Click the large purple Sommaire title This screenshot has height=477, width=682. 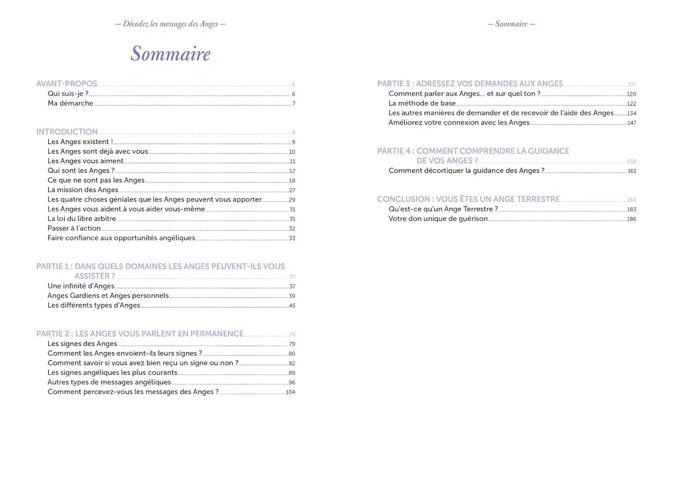click(170, 54)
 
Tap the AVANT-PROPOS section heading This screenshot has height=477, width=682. click(66, 84)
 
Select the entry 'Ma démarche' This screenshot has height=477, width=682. click(70, 103)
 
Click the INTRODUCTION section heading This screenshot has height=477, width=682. click(67, 132)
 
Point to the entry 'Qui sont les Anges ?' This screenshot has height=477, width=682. click(81, 170)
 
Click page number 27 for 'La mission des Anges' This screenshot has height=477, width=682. click(292, 190)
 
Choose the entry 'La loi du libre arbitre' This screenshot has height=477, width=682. click(82, 219)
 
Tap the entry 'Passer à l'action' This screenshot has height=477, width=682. click(74, 228)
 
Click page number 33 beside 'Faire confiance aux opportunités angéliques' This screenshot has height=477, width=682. click(292, 238)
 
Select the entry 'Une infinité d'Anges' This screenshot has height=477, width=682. click(81, 286)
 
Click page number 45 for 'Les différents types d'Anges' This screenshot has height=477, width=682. click(292, 306)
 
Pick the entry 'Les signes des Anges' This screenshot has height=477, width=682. click(82, 343)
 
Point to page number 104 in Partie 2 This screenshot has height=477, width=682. click(291, 392)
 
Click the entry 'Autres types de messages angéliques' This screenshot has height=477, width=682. click(109, 382)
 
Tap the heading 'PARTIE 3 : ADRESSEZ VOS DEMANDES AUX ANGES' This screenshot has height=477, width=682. click(470, 84)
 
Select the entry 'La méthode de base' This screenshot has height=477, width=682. click(422, 103)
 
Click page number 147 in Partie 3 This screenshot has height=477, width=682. click(632, 123)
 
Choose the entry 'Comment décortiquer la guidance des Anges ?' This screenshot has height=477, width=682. click(466, 170)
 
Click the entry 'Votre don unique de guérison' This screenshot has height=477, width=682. click(438, 219)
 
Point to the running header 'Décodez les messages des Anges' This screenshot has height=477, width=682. click(170, 24)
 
